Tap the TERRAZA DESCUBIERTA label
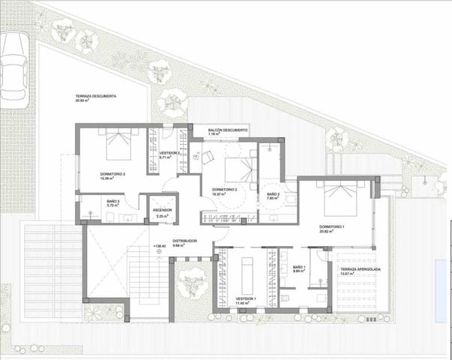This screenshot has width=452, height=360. [95, 97]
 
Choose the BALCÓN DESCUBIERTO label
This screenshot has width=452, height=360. [228, 130]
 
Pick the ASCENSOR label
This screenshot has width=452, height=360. [162, 210]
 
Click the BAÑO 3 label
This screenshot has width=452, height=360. [273, 194]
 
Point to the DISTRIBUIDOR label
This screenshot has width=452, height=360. [184, 241]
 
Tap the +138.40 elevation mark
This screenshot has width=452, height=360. [159, 246]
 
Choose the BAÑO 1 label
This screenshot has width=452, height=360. [299, 267]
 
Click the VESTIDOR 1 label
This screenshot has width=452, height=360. [246, 298]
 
